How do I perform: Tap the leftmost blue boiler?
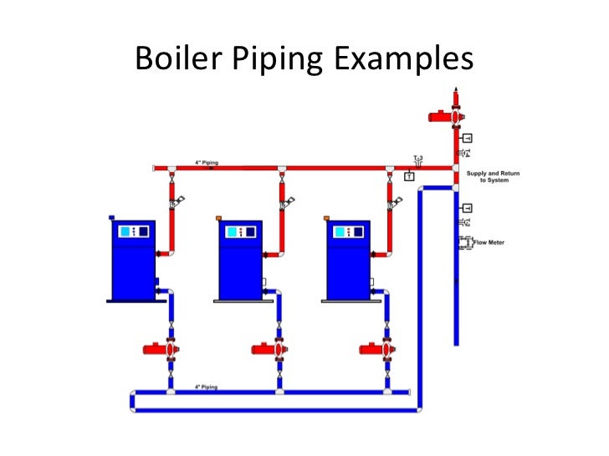click(133, 259)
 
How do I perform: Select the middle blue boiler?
click(240, 259)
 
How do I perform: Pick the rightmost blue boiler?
click(348, 259)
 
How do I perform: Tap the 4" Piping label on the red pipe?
click(199, 162)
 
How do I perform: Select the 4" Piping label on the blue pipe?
click(206, 387)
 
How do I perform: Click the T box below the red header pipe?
click(409, 176)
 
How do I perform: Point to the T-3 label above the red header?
click(417, 157)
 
